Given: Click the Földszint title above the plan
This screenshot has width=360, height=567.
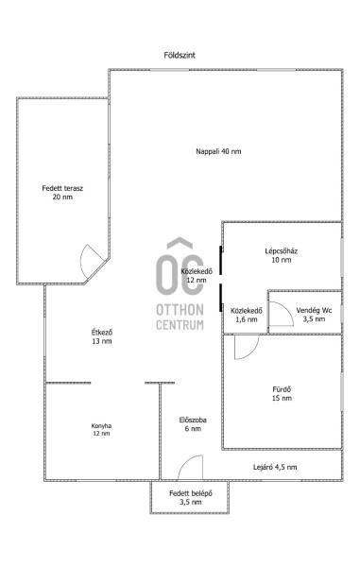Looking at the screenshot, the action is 180,56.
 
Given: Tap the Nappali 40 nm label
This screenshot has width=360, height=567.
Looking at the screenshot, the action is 218,151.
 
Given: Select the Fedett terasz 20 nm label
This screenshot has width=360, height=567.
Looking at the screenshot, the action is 62,193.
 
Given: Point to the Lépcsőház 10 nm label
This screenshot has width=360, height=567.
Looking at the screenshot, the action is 282,255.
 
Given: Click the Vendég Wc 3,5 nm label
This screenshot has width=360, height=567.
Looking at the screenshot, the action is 314,315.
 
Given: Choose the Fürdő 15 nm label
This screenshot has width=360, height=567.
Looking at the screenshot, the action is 282,394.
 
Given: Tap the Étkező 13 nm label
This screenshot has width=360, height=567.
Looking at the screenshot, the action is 101,336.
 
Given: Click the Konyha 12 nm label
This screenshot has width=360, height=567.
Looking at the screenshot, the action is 101,430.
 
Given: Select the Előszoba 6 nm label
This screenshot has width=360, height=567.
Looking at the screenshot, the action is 193,424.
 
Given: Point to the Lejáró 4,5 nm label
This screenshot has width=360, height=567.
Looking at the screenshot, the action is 275,467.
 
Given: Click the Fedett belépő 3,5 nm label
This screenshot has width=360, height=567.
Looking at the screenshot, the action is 191,498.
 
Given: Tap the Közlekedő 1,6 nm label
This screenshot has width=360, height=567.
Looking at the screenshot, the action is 247,315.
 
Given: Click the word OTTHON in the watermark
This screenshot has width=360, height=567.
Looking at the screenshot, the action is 180,310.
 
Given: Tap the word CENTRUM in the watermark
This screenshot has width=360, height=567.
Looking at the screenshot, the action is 180,325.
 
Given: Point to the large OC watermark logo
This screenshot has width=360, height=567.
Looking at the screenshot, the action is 180,267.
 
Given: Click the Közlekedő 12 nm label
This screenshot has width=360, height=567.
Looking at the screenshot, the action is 197,276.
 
